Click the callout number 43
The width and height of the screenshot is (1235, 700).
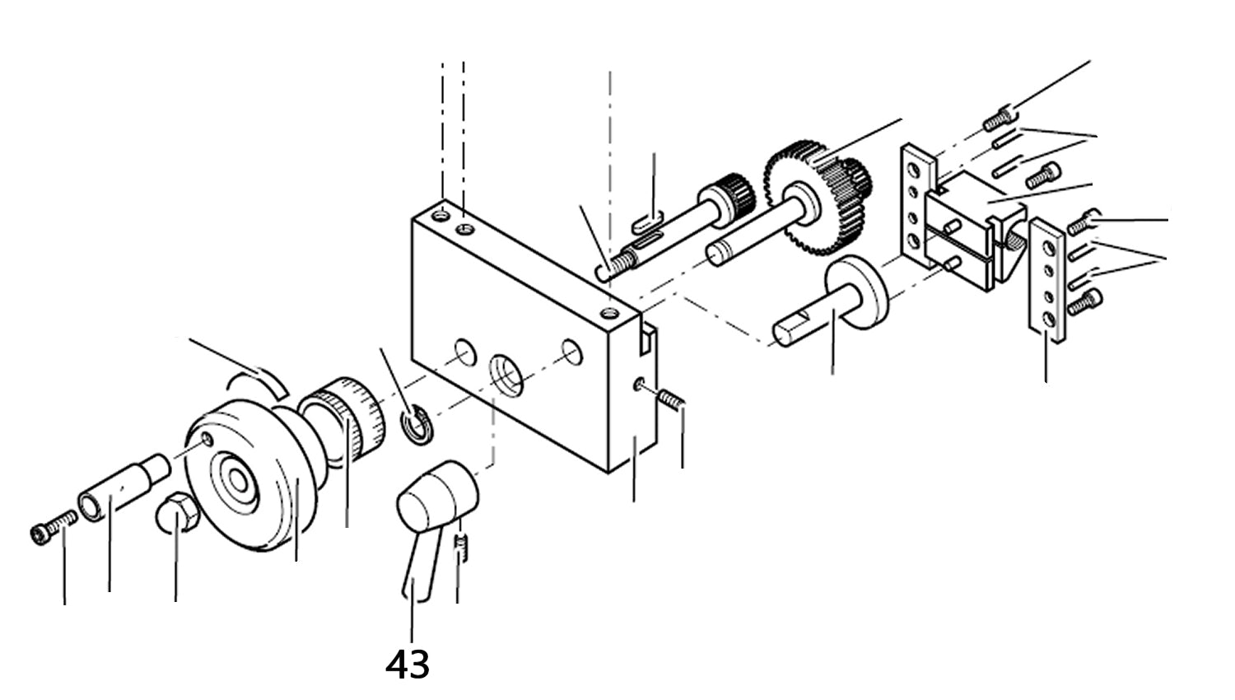(x=408, y=664)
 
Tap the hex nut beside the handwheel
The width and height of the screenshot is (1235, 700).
(x=175, y=515)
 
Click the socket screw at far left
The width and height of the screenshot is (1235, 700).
(x=53, y=527)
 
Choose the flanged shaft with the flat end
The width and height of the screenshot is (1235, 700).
(x=832, y=305)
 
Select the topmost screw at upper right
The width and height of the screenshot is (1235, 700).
(x=998, y=120)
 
